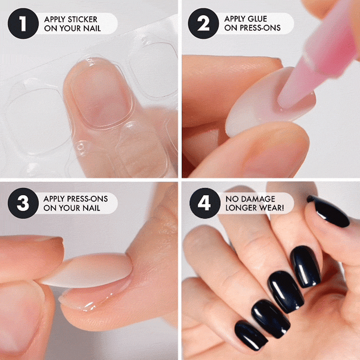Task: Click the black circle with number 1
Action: click(23, 23)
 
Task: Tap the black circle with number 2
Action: click(203, 23)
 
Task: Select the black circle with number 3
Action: click(23, 203)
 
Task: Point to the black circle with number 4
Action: click(205, 203)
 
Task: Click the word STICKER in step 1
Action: click(82, 19)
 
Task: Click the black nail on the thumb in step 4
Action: click(329, 211)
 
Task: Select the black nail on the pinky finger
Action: click(250, 335)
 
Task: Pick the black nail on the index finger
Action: click(306, 266)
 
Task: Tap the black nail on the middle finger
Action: click(286, 292)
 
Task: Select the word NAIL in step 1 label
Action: click(92, 28)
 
